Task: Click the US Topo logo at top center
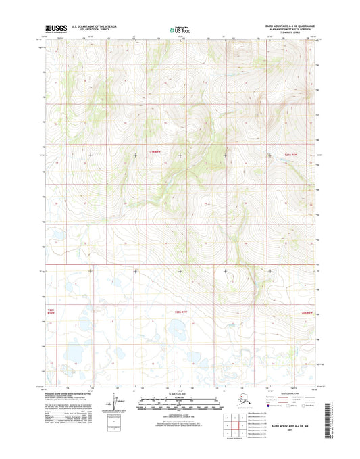pyautogui.click(x=179, y=30)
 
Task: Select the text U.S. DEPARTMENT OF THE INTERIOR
pyautogui.click(x=89, y=26)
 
